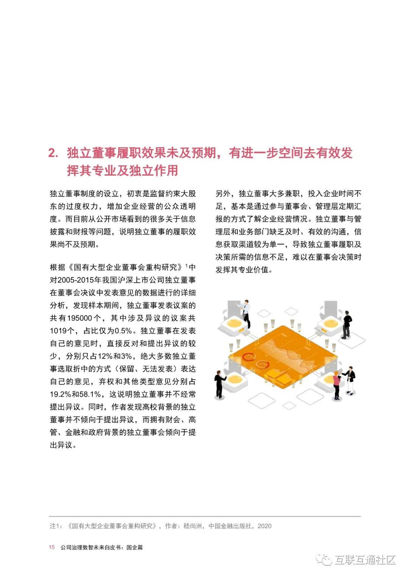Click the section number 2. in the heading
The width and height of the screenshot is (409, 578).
point(53,153)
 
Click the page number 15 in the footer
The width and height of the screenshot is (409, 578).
point(52,547)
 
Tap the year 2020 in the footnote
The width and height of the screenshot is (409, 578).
point(264,526)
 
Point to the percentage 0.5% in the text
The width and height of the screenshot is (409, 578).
point(123,331)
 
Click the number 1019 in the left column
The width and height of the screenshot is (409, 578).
point(58,331)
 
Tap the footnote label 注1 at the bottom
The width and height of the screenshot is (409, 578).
point(55,526)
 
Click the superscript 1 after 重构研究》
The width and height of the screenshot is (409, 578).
point(187,266)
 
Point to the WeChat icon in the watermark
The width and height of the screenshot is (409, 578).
point(324,559)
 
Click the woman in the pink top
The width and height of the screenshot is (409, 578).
point(336,385)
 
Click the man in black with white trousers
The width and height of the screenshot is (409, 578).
point(351,380)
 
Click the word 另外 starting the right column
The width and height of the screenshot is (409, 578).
point(223,194)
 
